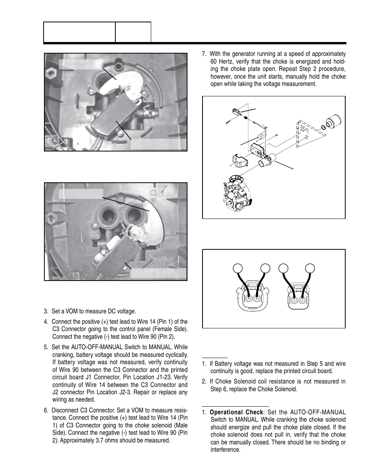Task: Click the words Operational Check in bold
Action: coord(239,412)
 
